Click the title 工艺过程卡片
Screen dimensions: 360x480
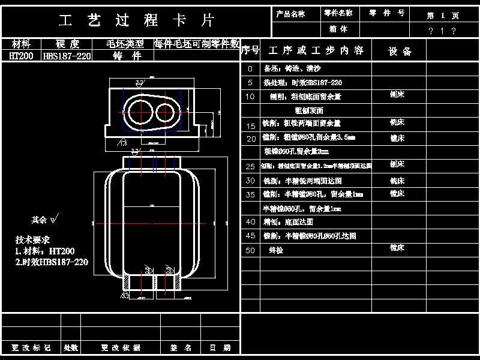137,20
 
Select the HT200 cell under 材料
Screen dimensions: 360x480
22,56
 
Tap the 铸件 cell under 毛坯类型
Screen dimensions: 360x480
127,56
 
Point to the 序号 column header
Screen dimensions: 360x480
250,50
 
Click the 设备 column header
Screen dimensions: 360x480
400,51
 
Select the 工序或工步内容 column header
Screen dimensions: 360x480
316,50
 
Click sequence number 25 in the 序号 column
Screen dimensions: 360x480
250,166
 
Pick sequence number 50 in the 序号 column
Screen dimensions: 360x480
250,250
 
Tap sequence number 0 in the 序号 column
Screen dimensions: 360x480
250,69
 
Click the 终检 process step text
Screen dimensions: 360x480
276,250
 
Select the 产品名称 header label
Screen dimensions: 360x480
290,13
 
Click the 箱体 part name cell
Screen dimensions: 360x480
338,29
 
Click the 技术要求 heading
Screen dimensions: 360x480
32,239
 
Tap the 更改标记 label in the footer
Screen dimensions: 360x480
31,347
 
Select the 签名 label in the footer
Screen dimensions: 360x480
181,347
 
